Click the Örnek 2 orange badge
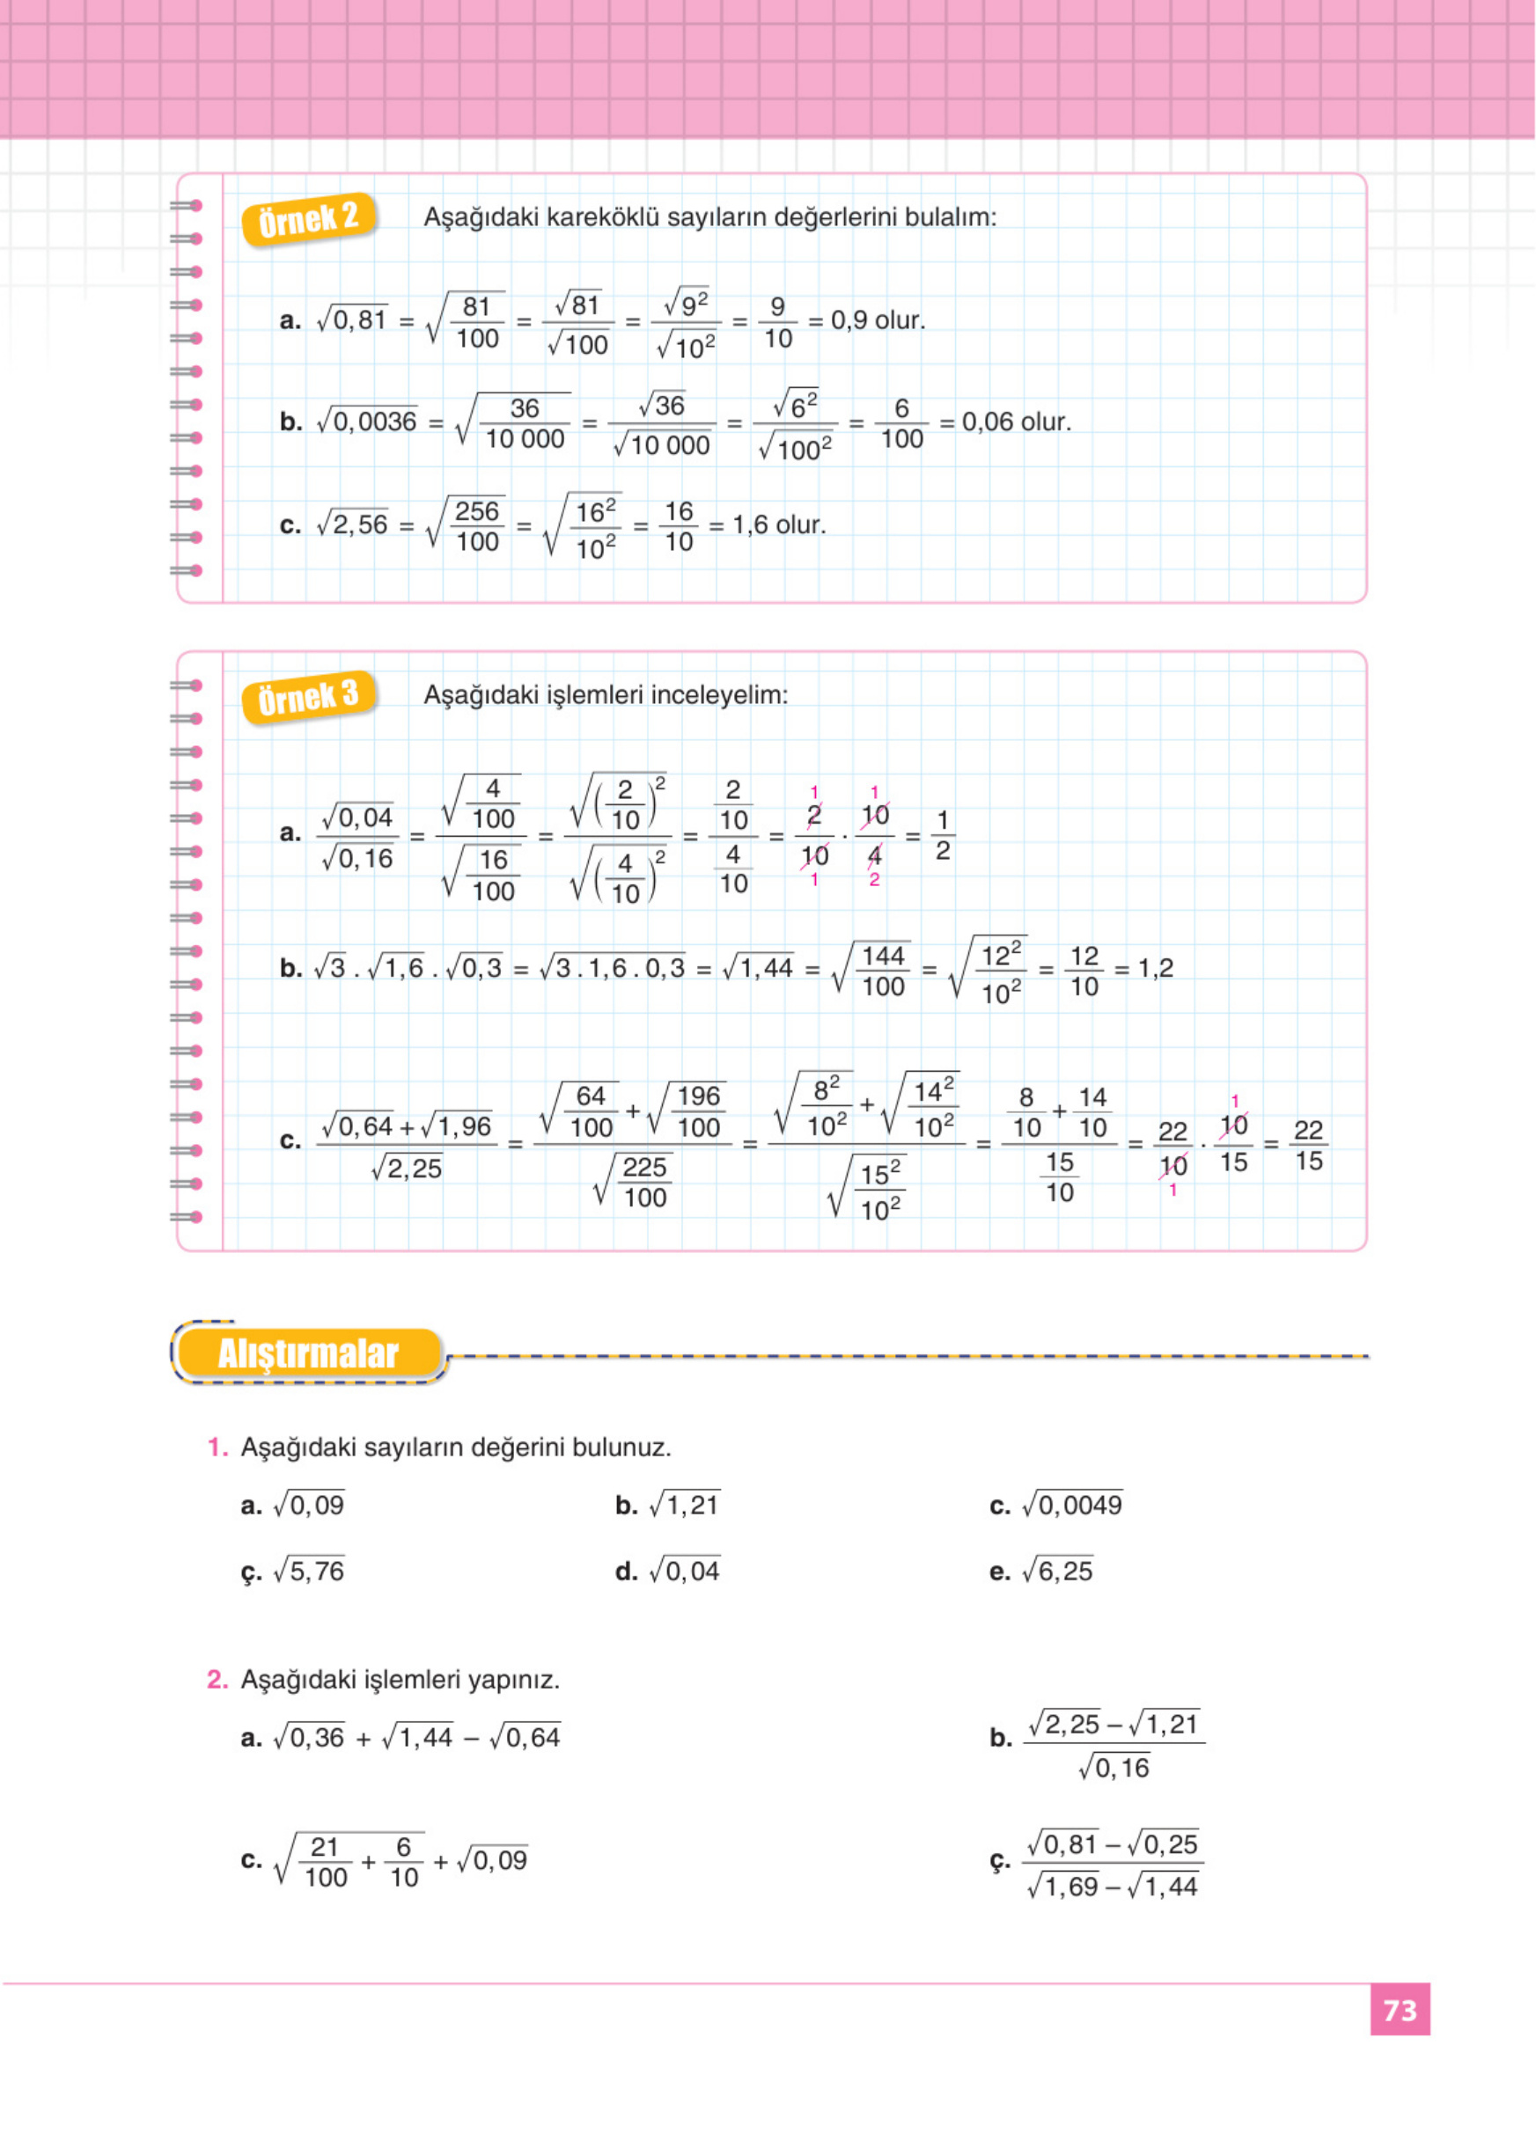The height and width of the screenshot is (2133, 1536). point(308,219)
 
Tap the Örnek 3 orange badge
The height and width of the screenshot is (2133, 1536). point(308,697)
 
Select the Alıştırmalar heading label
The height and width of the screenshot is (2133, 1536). point(308,1353)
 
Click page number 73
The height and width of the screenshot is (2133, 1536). point(1400,2010)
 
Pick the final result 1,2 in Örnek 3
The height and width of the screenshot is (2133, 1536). point(1156,968)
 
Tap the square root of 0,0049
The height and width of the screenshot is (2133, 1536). point(1072,1505)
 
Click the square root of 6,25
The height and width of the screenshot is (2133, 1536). point(1058,1571)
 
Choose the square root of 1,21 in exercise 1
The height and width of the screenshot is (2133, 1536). point(685,1505)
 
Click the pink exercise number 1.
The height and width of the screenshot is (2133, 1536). point(217,1448)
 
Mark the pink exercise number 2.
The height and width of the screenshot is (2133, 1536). point(217,1680)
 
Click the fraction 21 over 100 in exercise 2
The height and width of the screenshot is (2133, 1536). point(326,1862)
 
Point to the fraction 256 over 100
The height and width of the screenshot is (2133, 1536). point(477,525)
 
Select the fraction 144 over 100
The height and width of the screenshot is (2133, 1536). point(883,971)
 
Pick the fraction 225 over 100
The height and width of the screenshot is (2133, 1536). point(644,1182)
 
